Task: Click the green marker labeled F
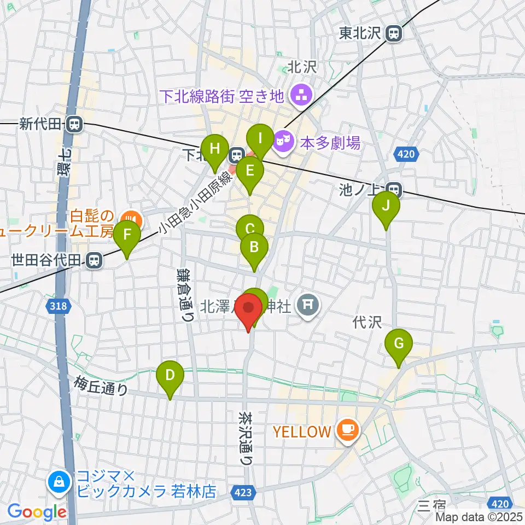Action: coord(127,236)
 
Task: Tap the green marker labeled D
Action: coord(170,376)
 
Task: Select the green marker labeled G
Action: coord(399,345)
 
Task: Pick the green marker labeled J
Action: coord(386,207)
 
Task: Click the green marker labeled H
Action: coord(214,149)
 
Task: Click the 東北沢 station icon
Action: coord(393,34)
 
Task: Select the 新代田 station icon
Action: coord(73,124)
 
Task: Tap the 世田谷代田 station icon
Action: coord(95,261)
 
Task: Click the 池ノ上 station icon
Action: coord(395,189)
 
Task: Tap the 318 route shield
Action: coord(59,306)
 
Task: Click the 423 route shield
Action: coord(244,493)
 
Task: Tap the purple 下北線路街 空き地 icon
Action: coord(300,96)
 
